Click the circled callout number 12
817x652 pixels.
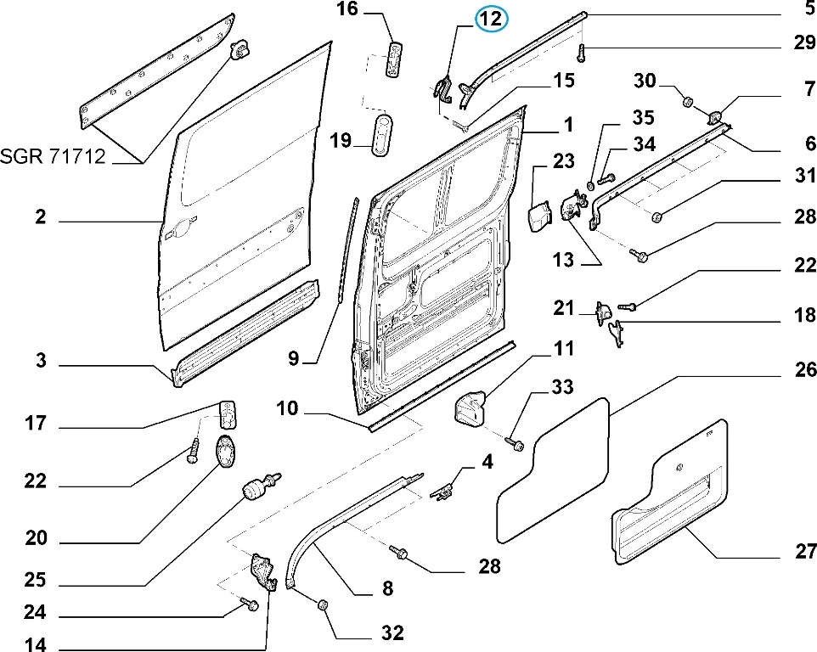(492, 18)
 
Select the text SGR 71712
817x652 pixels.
(53, 157)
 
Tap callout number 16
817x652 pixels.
(348, 10)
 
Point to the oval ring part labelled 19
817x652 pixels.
(386, 133)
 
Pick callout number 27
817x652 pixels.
(805, 551)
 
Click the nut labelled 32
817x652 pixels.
(323, 605)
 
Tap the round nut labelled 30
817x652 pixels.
(687, 103)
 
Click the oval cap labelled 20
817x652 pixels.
(225, 450)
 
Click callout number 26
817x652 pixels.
(805, 370)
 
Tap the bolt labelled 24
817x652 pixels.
(250, 604)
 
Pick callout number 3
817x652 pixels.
(39, 363)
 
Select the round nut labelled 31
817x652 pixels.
(658, 218)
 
